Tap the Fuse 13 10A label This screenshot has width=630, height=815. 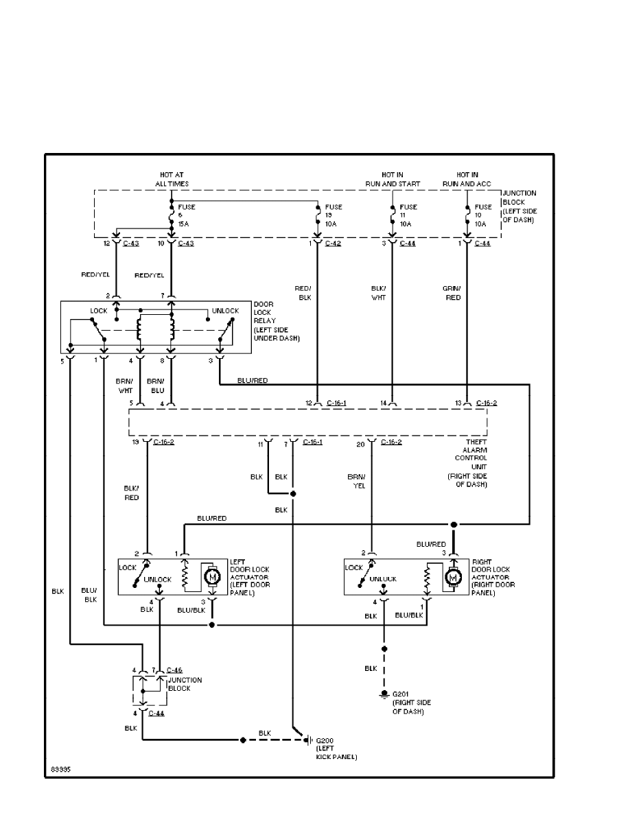(x=334, y=215)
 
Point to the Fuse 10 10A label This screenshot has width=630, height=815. (x=483, y=215)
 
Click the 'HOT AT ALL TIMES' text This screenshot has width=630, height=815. (x=172, y=180)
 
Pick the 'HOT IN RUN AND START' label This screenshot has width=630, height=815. (x=401, y=180)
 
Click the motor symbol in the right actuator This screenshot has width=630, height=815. (x=452, y=578)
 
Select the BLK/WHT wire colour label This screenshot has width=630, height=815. (x=379, y=294)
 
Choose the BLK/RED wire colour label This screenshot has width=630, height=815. (x=131, y=493)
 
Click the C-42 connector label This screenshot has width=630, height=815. (x=334, y=244)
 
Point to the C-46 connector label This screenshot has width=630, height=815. (x=174, y=670)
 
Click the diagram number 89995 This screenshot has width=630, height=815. (x=60, y=769)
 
